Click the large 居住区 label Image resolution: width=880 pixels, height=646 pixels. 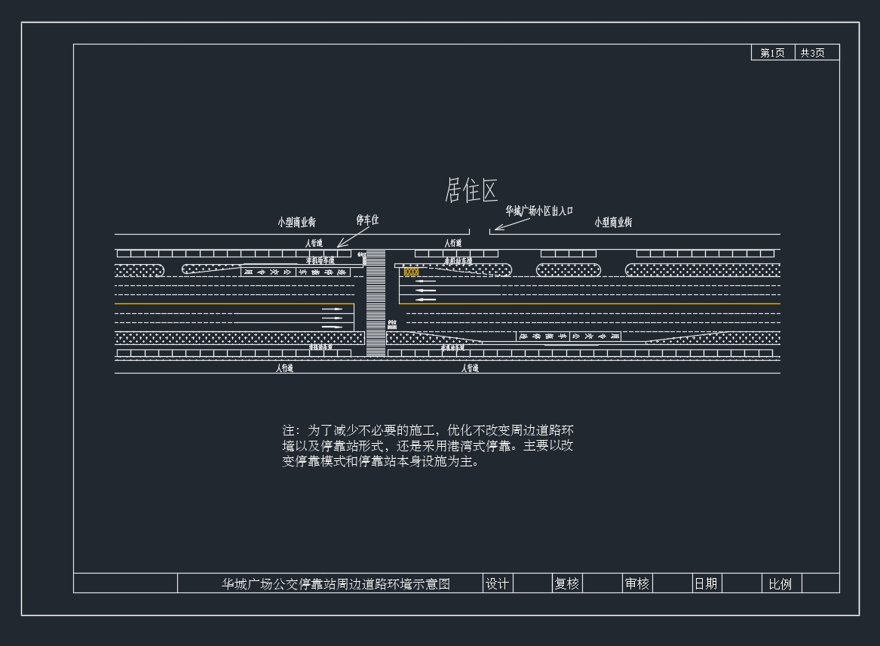click(471, 190)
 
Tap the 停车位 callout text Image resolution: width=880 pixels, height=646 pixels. click(367, 220)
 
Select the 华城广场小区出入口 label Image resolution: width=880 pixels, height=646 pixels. click(539, 211)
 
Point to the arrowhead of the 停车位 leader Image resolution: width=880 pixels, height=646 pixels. click(339, 245)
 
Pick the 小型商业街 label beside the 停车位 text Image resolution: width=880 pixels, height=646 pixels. click(296, 223)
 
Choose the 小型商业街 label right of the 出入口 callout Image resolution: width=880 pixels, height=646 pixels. click(613, 222)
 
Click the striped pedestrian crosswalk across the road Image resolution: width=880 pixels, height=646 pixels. click(376, 303)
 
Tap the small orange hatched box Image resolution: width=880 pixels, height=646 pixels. click(411, 272)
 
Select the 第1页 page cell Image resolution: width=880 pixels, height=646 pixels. click(772, 53)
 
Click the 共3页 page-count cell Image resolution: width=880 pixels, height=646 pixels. click(813, 53)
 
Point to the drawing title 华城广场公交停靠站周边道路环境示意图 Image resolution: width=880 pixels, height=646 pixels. click(336, 583)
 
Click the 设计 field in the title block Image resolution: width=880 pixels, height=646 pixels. click(497, 583)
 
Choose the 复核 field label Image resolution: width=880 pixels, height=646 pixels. click(567, 583)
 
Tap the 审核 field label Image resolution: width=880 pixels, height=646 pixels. click(636, 583)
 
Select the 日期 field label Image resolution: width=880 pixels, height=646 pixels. click(706, 583)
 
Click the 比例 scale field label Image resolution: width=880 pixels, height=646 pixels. click(780, 584)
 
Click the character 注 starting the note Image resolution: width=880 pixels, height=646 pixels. click(289, 430)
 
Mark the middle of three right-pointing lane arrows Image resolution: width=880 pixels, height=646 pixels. click(332, 318)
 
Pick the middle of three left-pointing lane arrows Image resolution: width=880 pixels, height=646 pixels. click(426, 291)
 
